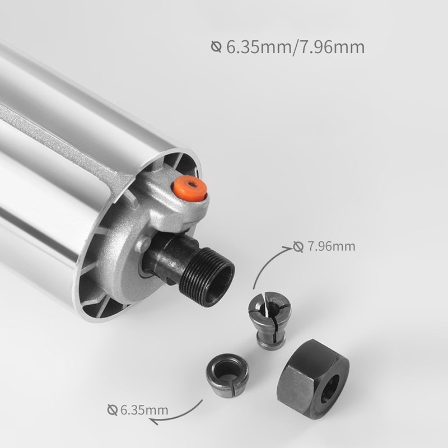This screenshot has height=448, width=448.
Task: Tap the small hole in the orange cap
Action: tap(194, 184)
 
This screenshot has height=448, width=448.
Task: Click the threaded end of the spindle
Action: tap(208, 276)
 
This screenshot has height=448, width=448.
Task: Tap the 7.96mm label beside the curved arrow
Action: tap(331, 246)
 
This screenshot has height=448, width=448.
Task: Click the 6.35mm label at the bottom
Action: tap(144, 410)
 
